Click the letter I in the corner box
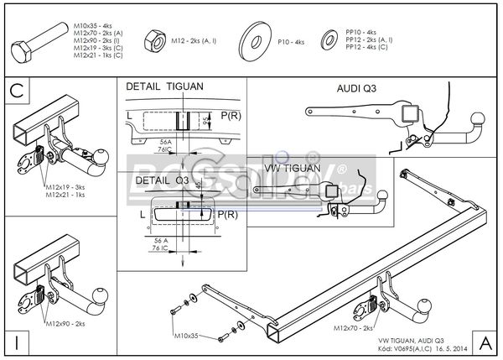click(15, 342)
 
